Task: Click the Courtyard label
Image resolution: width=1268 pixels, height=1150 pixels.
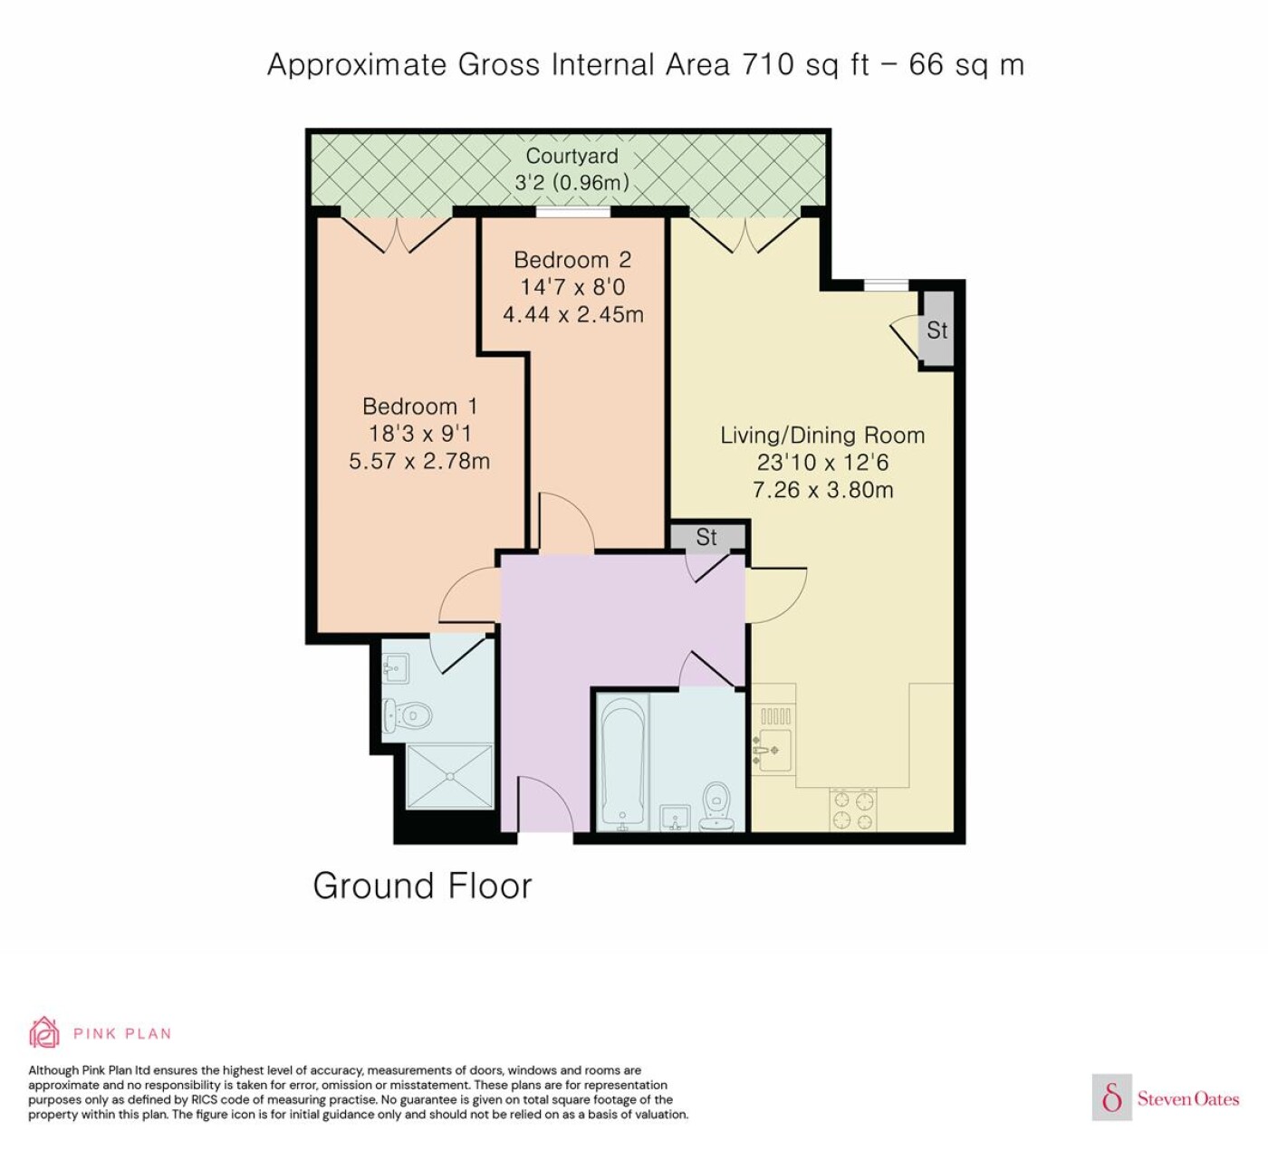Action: [572, 156]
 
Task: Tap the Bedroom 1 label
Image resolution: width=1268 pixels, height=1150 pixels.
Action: [419, 406]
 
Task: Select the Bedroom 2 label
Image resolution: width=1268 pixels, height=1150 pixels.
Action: [572, 260]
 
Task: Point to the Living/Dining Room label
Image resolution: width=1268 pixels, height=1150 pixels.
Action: [822, 435]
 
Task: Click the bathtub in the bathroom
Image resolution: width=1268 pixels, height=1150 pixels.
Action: [623, 762]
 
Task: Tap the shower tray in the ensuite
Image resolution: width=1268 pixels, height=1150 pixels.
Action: [449, 776]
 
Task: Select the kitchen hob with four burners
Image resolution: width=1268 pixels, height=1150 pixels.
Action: [853, 810]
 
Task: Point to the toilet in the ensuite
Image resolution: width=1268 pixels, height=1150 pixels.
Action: [407, 715]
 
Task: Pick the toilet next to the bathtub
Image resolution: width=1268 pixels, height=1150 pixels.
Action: [716, 808]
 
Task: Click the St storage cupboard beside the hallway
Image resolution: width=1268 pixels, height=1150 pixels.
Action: [706, 537]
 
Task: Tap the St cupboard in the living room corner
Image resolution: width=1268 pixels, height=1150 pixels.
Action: [937, 330]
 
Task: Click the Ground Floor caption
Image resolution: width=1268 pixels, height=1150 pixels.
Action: [422, 886]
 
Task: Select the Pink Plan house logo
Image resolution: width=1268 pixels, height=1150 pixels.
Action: [44, 1033]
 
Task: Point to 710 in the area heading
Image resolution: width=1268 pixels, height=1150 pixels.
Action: [767, 64]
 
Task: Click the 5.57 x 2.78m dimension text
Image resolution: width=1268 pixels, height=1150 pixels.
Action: [419, 461]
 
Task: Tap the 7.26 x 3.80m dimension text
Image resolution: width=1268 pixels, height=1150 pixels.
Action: [823, 489]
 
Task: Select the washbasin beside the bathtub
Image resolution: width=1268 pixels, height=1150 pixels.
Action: [676, 818]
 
